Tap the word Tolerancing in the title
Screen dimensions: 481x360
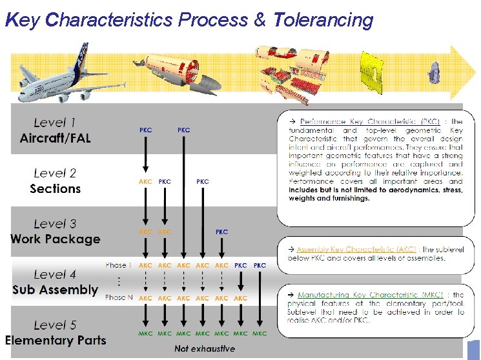tap(323, 20)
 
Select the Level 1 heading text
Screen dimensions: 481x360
tap(55, 122)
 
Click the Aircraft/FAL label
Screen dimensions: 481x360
tap(56, 138)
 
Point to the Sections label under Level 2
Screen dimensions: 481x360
tap(55, 189)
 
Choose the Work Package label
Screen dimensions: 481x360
tap(55, 239)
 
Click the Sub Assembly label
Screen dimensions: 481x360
tap(55, 290)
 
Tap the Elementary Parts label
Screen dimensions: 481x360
tap(55, 340)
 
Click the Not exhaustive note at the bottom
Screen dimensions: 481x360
tap(205, 349)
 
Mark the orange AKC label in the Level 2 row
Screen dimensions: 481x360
tap(146, 182)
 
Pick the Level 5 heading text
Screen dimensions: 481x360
tap(55, 325)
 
